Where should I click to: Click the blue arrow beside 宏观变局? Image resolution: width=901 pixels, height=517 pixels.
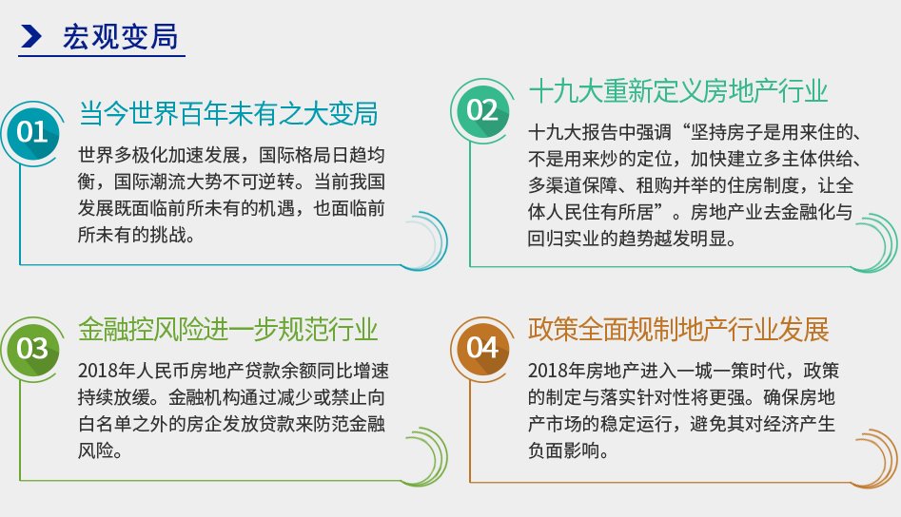(x=31, y=36)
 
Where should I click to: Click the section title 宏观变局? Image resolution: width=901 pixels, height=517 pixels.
(x=120, y=37)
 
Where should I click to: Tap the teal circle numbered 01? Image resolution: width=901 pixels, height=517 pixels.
(x=32, y=133)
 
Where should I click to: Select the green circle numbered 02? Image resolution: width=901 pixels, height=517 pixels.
(x=482, y=110)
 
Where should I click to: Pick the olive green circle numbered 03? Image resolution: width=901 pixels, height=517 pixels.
(x=32, y=349)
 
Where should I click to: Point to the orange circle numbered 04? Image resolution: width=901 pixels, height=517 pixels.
(x=482, y=348)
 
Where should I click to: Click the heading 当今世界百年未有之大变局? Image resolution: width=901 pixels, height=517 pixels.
(x=228, y=113)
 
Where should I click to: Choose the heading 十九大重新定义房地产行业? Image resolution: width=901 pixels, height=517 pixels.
(x=678, y=91)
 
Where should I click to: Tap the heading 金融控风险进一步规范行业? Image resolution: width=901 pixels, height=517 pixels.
(x=228, y=330)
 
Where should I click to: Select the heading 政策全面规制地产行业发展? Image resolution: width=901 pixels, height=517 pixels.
(x=678, y=330)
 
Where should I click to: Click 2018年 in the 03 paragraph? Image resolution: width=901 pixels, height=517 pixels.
(x=107, y=372)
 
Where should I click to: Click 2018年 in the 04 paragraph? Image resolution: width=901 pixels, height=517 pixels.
(x=557, y=372)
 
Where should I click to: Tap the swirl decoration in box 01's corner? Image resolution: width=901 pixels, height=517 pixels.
(x=425, y=241)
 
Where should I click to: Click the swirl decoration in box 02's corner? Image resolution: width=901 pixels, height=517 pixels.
(x=874, y=242)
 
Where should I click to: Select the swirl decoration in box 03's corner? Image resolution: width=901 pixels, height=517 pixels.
(x=425, y=457)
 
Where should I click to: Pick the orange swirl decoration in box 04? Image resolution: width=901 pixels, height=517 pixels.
(x=874, y=458)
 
